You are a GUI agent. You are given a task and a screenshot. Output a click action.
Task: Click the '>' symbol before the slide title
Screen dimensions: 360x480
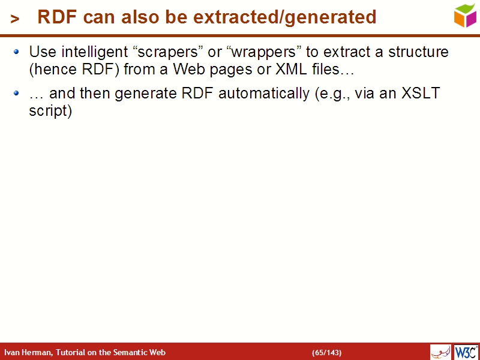(x=15, y=19)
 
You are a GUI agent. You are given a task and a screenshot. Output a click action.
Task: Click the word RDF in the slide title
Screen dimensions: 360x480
(x=58, y=17)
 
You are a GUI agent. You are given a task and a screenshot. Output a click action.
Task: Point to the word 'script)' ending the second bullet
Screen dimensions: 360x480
(x=50, y=111)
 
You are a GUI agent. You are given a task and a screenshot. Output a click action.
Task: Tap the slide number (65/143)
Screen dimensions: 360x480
(x=326, y=352)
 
